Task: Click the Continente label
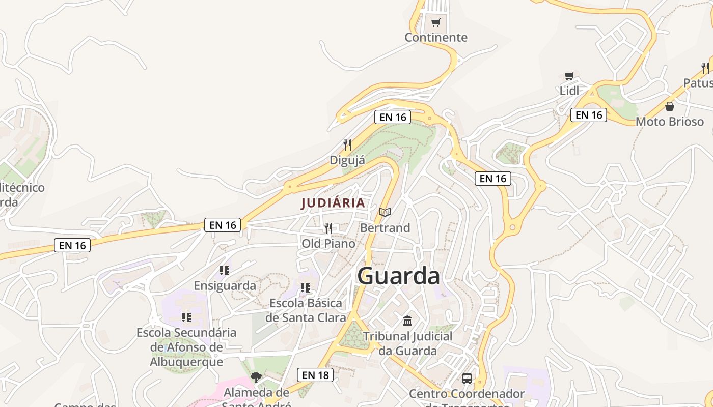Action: [435, 37]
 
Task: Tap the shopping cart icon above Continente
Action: [435, 22]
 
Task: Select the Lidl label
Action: [569, 91]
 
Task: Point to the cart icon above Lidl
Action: [569, 76]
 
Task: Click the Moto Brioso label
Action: [669, 122]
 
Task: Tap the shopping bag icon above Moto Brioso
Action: [669, 106]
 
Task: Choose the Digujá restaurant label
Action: [347, 160]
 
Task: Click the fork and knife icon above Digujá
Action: [347, 145]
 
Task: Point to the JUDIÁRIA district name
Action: [333, 203]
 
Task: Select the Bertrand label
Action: [385, 228]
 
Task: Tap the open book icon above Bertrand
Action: [385, 212]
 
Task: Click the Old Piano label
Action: [328, 244]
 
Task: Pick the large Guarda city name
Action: [398, 276]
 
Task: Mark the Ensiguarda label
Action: [225, 285]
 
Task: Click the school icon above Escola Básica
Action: [306, 288]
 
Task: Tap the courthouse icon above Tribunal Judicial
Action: [407, 321]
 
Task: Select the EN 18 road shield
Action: [315, 375]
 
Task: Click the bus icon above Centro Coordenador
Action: [467, 379]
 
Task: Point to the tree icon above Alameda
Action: [256, 377]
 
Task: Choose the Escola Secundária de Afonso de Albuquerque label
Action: [186, 347]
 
